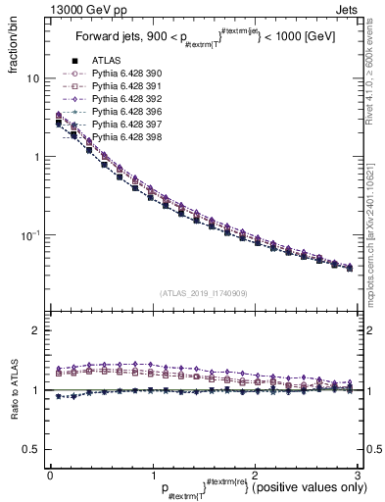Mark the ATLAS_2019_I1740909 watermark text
[204, 293]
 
